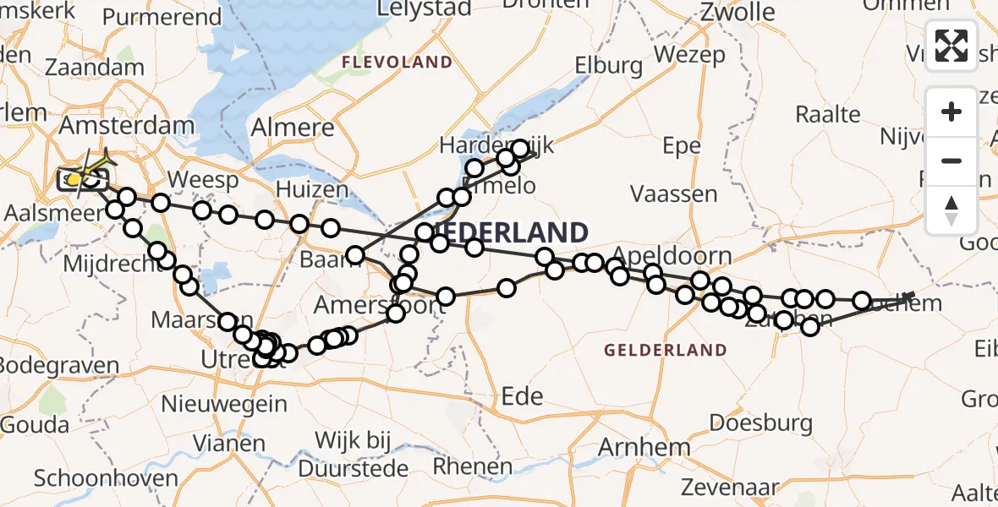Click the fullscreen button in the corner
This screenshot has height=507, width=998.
(x=951, y=45)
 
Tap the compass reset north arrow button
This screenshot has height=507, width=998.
(x=951, y=210)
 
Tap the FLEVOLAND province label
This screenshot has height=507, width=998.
(x=397, y=62)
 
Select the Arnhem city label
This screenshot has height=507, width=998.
(x=644, y=446)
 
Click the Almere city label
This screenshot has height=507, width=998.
(x=293, y=128)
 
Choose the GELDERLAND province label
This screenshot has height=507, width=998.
(x=665, y=350)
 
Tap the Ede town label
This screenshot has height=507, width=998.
(x=522, y=395)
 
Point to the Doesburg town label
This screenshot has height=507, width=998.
(x=760, y=423)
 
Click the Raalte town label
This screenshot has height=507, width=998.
(x=829, y=114)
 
